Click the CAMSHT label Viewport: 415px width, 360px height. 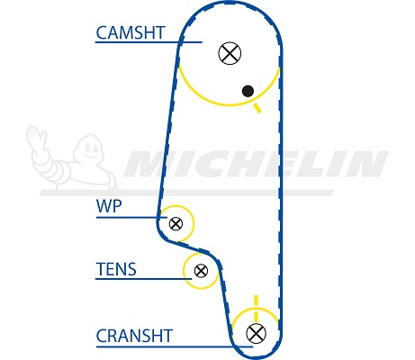tap(131, 32)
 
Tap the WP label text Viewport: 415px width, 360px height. tap(109, 206)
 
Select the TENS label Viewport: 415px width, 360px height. tap(116, 269)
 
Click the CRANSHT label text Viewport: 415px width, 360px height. tap(134, 336)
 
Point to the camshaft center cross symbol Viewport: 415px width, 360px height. tap(230, 53)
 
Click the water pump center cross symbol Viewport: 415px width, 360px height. tap(176, 223)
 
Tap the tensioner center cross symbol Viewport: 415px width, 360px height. tap(201, 271)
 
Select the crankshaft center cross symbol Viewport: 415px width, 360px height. tap(256, 333)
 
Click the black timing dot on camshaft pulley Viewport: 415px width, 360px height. tap(248, 91)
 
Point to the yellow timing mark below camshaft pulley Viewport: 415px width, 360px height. tap(257, 108)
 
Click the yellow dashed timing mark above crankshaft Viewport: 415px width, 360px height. tap(256, 308)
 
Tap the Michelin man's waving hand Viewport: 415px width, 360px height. tap(36, 139)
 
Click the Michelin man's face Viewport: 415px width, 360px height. tap(91, 149)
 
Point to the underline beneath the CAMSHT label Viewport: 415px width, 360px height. tap(149, 42)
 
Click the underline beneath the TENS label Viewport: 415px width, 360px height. tap(143, 279)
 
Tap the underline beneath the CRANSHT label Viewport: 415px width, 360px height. tap(175, 346)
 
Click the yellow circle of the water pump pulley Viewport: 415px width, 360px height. tap(194, 223)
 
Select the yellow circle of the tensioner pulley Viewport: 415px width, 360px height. tap(184, 271)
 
